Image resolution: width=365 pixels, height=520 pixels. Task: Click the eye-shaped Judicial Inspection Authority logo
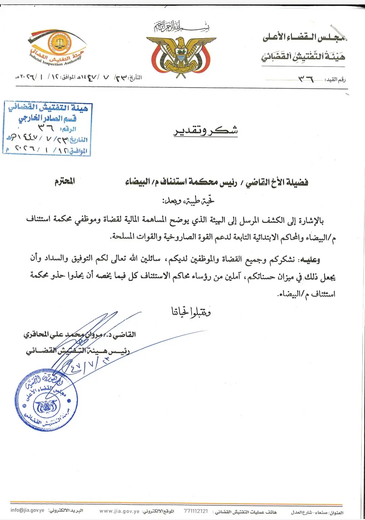[57, 47]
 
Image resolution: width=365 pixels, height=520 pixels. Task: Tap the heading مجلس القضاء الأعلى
[304, 37]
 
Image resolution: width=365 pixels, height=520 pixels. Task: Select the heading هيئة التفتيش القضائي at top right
[303, 56]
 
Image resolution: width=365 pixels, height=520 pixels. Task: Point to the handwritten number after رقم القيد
[306, 79]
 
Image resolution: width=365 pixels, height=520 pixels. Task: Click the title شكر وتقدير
[205, 131]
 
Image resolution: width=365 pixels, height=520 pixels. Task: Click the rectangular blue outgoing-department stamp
[47, 128]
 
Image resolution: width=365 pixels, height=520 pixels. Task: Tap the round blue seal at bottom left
[46, 400]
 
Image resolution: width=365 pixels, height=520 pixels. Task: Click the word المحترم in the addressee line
[65, 181]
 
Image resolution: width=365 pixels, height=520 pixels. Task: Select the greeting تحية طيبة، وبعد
[188, 201]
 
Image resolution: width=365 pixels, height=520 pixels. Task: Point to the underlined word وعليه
[310, 259]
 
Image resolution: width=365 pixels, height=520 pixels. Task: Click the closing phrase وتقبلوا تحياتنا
[191, 312]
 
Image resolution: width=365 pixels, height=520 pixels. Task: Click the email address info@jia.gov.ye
[27, 510]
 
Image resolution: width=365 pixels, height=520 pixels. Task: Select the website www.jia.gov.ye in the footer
[119, 511]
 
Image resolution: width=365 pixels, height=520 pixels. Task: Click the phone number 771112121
[196, 511]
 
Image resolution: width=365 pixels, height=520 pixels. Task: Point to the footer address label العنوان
[336, 513]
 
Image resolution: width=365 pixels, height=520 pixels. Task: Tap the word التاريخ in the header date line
[136, 78]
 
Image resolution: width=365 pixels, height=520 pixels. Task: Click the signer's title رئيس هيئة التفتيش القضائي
[78, 351]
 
